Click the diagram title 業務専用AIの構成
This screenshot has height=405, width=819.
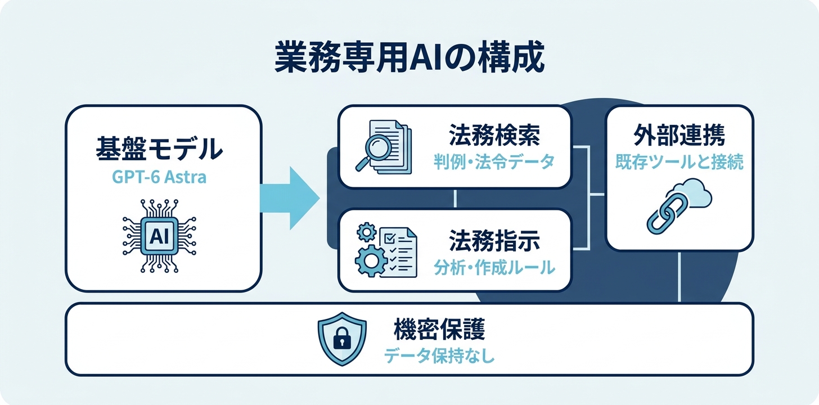click(x=409, y=58)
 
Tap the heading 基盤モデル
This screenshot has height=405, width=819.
click(x=159, y=148)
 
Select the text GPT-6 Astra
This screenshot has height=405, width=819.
click(x=159, y=177)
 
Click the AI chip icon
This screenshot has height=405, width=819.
click(x=159, y=236)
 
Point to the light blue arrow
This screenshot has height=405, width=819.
click(x=290, y=198)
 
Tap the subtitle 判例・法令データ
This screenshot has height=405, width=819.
click(x=494, y=162)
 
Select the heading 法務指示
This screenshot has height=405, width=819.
click(x=494, y=241)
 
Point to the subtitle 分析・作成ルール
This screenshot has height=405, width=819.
click(x=494, y=268)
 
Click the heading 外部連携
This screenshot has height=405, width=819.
click(x=679, y=135)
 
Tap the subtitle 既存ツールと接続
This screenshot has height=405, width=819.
click(x=679, y=162)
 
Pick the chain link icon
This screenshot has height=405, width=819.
click(x=666, y=215)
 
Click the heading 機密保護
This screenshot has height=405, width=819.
click(x=439, y=329)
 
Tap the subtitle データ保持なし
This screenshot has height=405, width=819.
click(x=439, y=356)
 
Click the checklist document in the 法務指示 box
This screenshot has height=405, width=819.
click(x=398, y=252)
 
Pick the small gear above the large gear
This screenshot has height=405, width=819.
click(x=366, y=232)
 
